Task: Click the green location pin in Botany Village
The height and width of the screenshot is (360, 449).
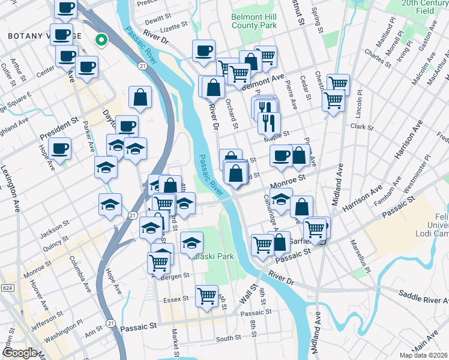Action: (101, 40)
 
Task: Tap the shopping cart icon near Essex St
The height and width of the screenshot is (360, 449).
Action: (206, 295)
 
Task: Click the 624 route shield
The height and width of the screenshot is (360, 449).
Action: (7, 289)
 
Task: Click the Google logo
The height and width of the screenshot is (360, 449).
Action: (19, 353)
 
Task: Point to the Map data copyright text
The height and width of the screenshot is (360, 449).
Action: (424, 355)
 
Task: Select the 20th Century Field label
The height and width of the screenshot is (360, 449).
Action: (426, 7)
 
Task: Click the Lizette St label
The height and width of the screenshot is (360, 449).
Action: (175, 28)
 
